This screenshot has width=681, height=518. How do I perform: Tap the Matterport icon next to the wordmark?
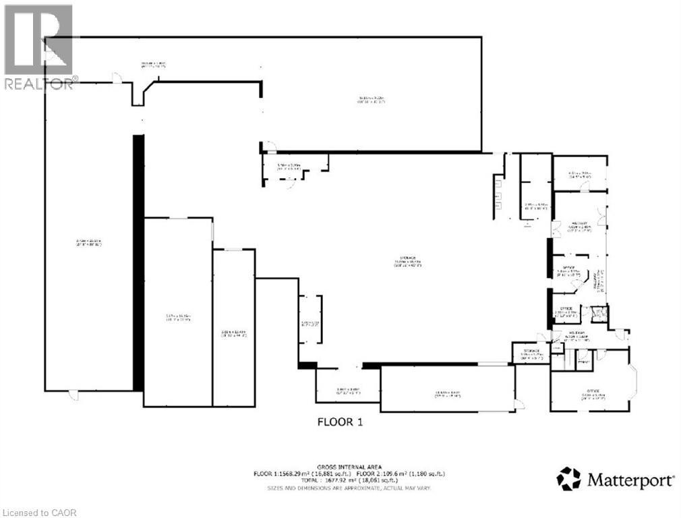click(568, 480)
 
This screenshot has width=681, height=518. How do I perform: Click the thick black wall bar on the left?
click(138, 263)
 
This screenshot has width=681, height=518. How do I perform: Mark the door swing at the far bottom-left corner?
click(73, 395)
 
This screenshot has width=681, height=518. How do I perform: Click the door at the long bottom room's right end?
click(518, 403)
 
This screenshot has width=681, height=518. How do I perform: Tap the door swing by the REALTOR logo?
click(117, 79)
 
